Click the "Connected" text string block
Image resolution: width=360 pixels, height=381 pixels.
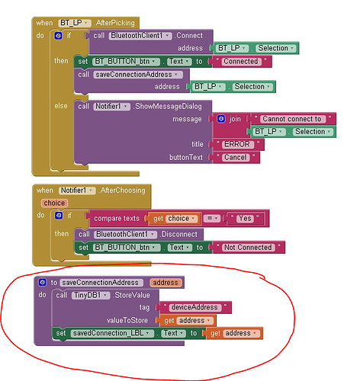coord(241,62)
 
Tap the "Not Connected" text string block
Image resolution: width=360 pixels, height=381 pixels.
coord(248,248)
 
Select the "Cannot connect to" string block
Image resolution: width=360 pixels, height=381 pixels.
coord(292,119)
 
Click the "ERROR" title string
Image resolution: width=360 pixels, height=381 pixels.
coord(237,144)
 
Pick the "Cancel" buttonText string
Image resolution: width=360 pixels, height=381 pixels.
coord(236,158)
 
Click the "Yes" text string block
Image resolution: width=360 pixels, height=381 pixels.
coord(245,219)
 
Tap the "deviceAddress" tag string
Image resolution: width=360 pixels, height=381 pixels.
coord(194,307)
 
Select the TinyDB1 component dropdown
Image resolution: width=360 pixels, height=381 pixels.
coord(91,295)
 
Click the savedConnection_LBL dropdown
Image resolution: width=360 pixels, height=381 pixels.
coord(112,333)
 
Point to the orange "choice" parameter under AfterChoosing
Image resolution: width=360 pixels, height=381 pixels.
coord(54,203)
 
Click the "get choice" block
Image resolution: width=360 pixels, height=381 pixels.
coord(175,219)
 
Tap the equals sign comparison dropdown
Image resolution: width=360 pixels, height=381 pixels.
coord(212,219)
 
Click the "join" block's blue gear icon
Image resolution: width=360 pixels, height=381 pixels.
coord(221,119)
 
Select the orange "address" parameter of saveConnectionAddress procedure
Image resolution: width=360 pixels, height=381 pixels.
coord(166,283)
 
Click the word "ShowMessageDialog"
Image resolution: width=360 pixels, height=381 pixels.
coord(168,107)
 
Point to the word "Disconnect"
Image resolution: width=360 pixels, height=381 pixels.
coord(179,234)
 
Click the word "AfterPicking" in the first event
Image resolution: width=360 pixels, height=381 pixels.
coord(114,23)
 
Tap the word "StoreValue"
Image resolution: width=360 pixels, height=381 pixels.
coord(132,295)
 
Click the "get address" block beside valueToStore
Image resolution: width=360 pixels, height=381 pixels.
coord(188,321)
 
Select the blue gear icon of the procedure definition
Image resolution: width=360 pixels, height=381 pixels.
coord(42,282)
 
